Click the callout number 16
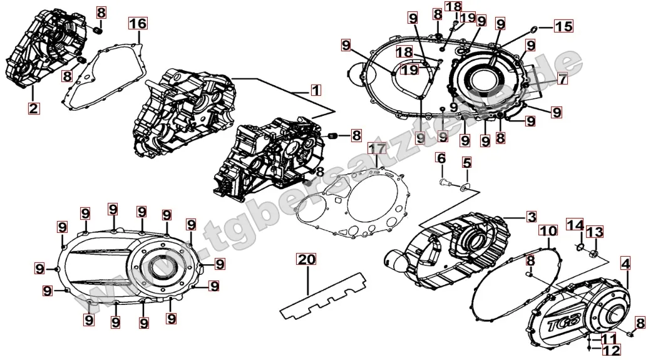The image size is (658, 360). pyautogui.click(x=138, y=24)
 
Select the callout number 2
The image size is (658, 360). pyautogui.click(x=34, y=108)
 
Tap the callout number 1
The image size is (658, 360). pyautogui.click(x=316, y=90)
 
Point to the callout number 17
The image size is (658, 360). pyautogui.click(x=376, y=148)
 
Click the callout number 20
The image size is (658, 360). pyautogui.click(x=305, y=260)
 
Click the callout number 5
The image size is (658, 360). pyautogui.click(x=466, y=163)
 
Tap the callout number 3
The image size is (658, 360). pyautogui.click(x=530, y=217)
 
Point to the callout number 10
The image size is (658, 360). pyautogui.click(x=548, y=232)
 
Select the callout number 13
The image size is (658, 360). pyautogui.click(x=595, y=232)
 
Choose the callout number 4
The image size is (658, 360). pyautogui.click(x=625, y=264)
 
